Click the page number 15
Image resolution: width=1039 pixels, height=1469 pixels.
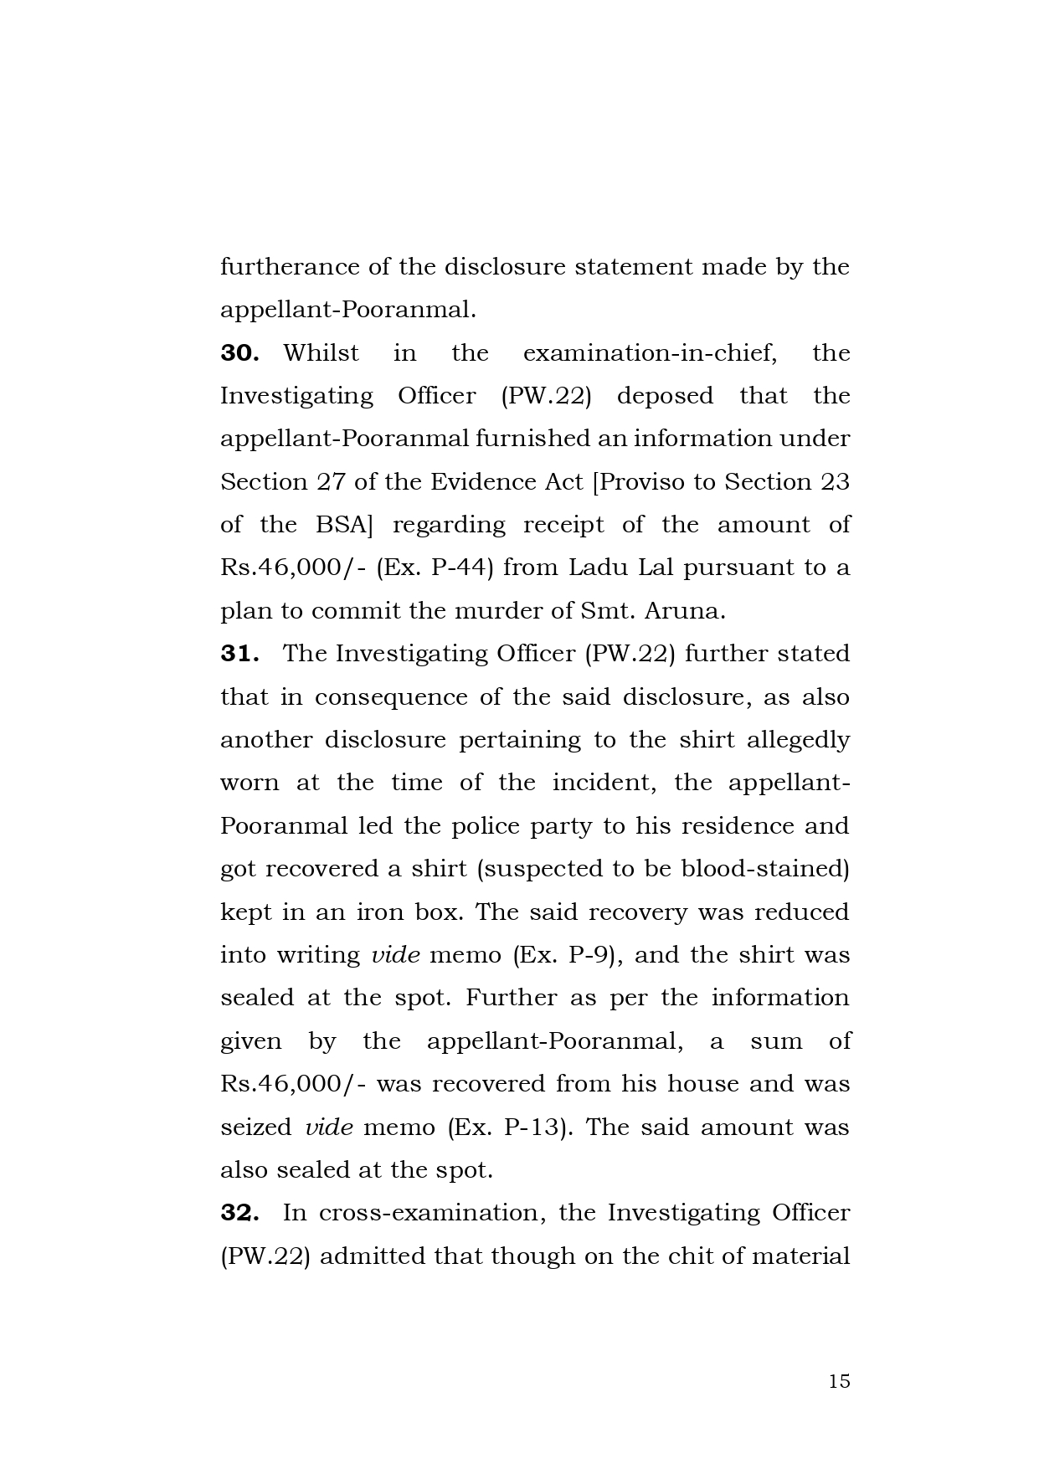tap(839, 1382)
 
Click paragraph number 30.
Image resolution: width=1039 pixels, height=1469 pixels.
tap(239, 353)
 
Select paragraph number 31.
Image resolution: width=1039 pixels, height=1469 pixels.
tap(239, 654)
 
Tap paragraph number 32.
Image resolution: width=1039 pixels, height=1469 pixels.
tap(239, 1213)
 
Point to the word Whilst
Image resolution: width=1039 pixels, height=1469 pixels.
tap(321, 353)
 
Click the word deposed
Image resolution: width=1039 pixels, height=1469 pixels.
tap(665, 396)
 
